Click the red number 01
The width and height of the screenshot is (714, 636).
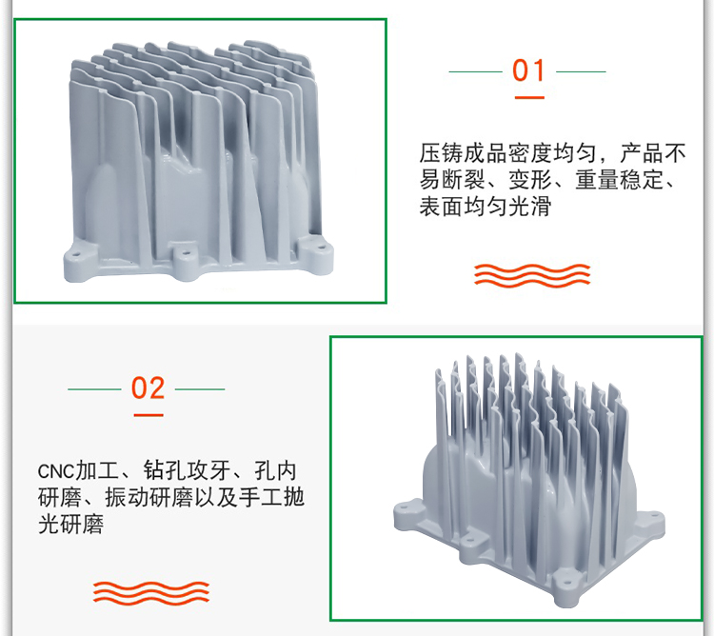[x=528, y=70]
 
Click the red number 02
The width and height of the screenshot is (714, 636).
[x=148, y=388]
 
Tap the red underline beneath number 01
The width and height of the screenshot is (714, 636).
[x=529, y=97]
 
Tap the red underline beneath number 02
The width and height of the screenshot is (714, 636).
[x=149, y=415]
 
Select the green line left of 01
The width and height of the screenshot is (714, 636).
[x=475, y=71]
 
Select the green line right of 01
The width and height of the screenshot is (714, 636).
[x=581, y=71]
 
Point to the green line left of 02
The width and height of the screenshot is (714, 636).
[x=94, y=389]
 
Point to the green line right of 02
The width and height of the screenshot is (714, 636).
[x=200, y=389]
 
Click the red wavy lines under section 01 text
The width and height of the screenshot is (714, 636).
[x=532, y=275]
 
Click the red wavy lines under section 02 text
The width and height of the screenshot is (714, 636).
[x=151, y=593]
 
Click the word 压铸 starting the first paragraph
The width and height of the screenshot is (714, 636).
[x=441, y=153]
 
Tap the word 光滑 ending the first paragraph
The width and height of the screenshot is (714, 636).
[x=529, y=207]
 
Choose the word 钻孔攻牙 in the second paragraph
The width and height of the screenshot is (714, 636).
[x=187, y=470]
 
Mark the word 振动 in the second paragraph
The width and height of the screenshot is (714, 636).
[x=127, y=497]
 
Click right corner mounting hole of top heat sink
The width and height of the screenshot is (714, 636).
[x=322, y=248]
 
